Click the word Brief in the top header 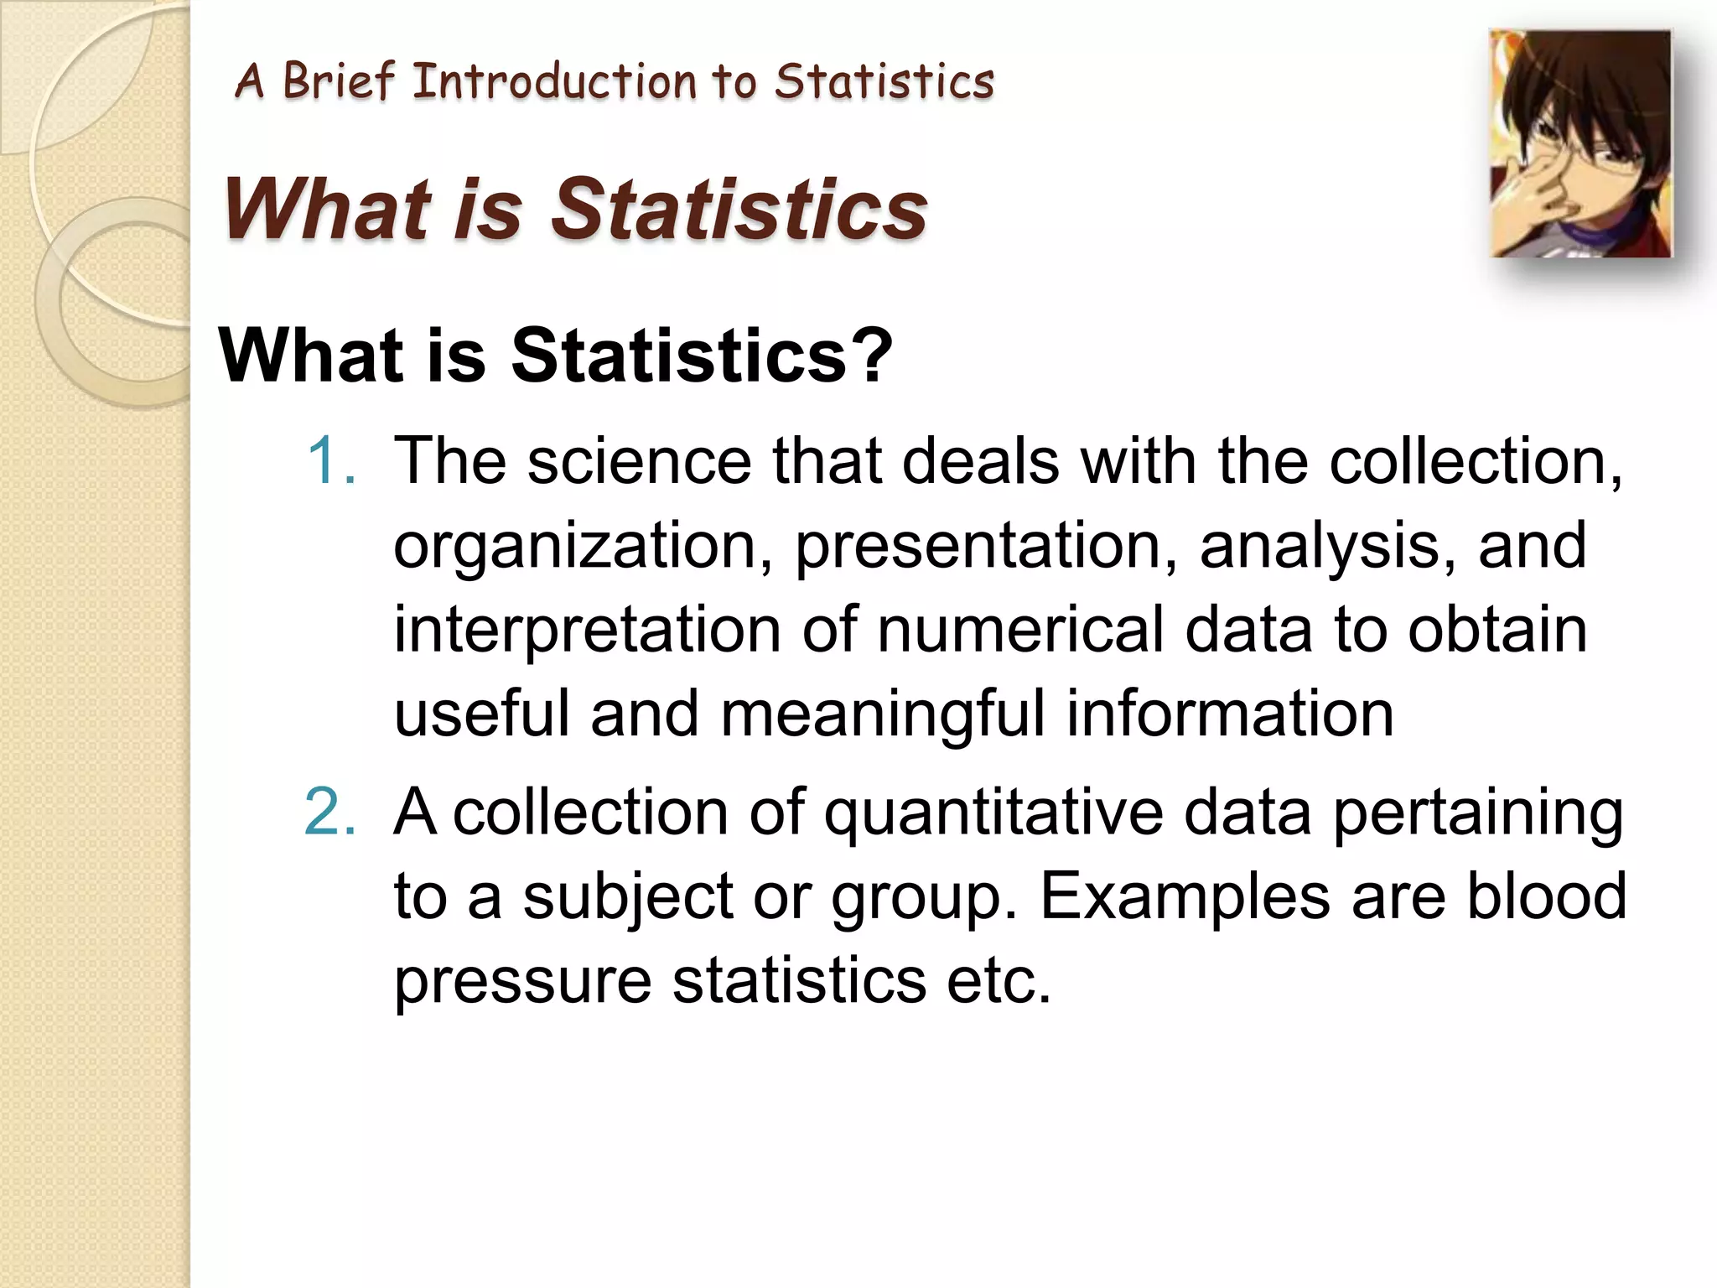tap(338, 82)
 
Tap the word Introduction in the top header tap(554, 82)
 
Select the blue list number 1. tap(331, 461)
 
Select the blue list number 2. tap(329, 812)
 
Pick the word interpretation tap(587, 631)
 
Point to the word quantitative tap(993, 813)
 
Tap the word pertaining tap(1477, 813)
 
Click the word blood tap(1546, 896)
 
